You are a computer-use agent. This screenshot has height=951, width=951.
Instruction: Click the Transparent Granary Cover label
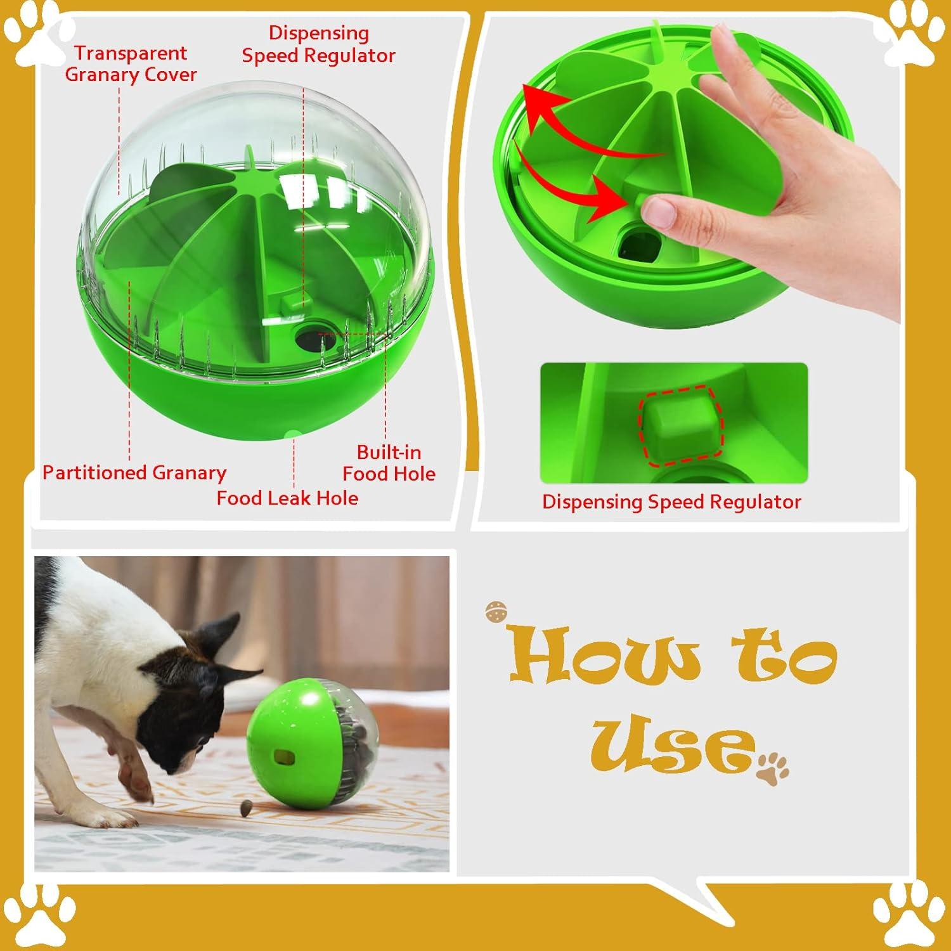click(x=131, y=63)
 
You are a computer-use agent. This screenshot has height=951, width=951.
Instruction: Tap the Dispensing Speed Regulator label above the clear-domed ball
click(x=318, y=44)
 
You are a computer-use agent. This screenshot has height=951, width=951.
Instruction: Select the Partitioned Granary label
click(x=134, y=473)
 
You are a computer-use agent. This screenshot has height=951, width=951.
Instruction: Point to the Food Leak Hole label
click(x=287, y=498)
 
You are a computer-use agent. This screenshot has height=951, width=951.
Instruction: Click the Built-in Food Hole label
click(x=389, y=463)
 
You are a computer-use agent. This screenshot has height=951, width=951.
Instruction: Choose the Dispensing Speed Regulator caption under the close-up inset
click(x=671, y=502)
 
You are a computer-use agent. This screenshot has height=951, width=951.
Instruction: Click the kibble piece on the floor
click(x=245, y=806)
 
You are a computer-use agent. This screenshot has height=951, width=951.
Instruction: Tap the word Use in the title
click(x=672, y=745)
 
